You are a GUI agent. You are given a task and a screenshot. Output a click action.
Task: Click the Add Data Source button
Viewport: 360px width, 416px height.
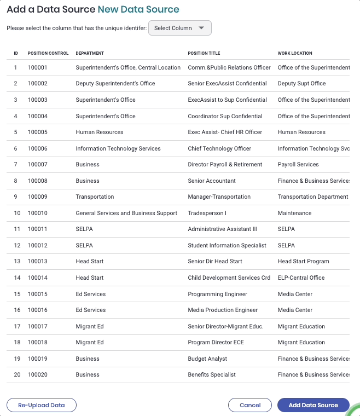[313, 405]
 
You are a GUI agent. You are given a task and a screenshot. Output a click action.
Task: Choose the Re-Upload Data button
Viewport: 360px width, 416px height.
[42, 405]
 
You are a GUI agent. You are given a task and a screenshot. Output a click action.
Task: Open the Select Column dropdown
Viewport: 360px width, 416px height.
[179, 28]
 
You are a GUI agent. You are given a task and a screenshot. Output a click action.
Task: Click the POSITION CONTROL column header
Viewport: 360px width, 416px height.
[48, 53]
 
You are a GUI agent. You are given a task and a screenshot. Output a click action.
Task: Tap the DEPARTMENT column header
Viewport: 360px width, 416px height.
[90, 53]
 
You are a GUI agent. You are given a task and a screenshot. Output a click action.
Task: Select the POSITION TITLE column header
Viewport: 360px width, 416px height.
[204, 53]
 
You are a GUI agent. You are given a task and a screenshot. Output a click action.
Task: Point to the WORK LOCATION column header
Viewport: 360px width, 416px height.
[295, 53]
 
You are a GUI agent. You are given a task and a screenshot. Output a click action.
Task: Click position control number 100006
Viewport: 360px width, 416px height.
[38, 148]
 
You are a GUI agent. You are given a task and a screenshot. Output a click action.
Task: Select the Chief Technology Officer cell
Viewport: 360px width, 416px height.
[219, 148]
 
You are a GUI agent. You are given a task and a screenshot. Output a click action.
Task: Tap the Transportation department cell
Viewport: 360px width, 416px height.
[95, 197]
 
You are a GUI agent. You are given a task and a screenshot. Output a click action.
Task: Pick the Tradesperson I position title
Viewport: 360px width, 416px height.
[207, 213]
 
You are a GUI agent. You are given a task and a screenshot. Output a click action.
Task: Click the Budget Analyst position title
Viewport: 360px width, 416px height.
[207, 359]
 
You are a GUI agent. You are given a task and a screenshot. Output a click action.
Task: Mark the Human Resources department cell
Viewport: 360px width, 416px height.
[100, 132]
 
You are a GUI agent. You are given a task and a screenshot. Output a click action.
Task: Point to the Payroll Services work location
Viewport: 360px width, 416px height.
[298, 164]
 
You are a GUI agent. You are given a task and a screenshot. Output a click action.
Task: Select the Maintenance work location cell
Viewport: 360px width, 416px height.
[294, 213]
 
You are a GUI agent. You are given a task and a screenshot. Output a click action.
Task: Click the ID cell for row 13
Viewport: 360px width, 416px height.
[16, 261]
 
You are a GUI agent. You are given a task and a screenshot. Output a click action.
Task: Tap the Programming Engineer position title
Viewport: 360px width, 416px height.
[217, 294]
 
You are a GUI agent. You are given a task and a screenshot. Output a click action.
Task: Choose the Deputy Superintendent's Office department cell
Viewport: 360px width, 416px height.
[115, 83]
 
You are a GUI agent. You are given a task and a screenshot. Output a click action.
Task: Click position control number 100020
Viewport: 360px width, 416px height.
[38, 374]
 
